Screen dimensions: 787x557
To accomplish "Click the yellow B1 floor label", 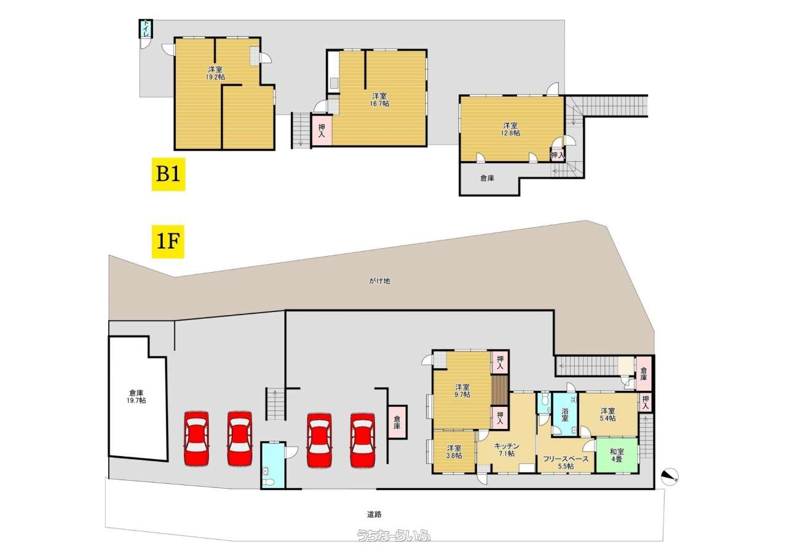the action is pyautogui.click(x=168, y=174).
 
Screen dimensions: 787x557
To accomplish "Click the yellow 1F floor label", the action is pyautogui.click(x=168, y=242).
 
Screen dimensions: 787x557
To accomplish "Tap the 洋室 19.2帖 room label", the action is pyautogui.click(x=215, y=73).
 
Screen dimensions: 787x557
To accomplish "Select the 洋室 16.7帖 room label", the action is pyautogui.click(x=379, y=100).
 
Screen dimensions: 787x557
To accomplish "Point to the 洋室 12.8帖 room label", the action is pyautogui.click(x=510, y=129).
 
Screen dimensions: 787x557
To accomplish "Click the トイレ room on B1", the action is pyautogui.click(x=146, y=29).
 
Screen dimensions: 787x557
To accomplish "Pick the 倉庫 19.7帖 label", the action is pyautogui.click(x=136, y=396).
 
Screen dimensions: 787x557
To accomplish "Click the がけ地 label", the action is pyautogui.click(x=379, y=281).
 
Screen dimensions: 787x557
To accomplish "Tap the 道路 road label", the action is pyautogui.click(x=374, y=515).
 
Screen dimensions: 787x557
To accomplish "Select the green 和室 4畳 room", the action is pyautogui.click(x=617, y=455).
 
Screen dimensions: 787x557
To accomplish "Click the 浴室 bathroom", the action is pyautogui.click(x=564, y=415).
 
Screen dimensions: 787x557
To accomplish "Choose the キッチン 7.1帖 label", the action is pyautogui.click(x=506, y=450).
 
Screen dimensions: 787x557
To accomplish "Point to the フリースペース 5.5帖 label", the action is pyautogui.click(x=566, y=462).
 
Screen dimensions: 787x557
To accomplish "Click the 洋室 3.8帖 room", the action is pyautogui.click(x=454, y=452).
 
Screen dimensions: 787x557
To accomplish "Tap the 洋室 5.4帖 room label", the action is pyautogui.click(x=608, y=414).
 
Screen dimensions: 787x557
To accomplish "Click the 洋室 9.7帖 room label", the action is pyautogui.click(x=462, y=391).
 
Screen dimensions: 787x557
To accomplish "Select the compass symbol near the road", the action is pyautogui.click(x=670, y=477).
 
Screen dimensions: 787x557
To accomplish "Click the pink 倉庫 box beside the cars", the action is pyautogui.click(x=397, y=422).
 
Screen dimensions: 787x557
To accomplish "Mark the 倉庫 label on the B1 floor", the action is pyautogui.click(x=488, y=178).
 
